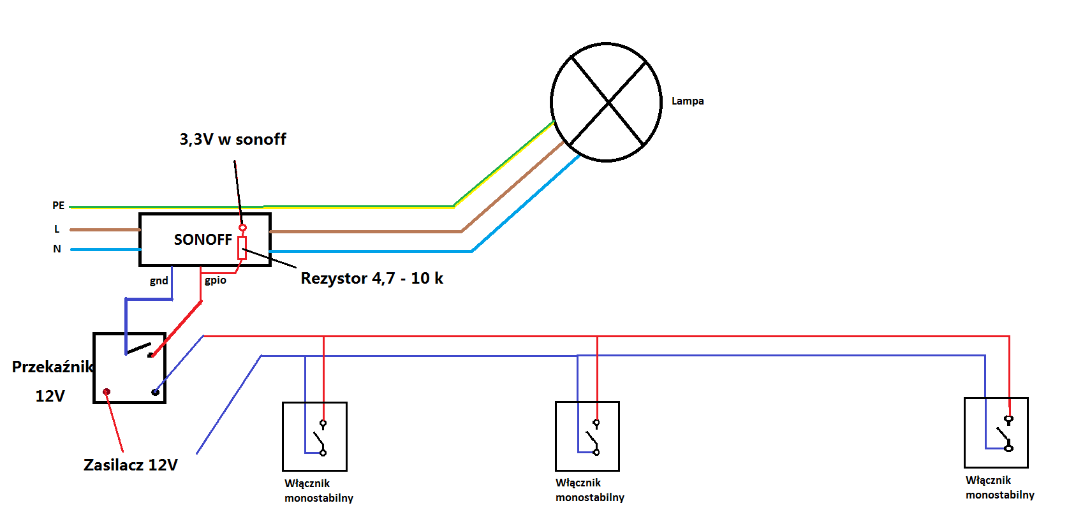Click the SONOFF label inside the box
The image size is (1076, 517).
click(203, 240)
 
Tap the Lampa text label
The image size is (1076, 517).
click(688, 101)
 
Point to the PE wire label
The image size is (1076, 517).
click(58, 205)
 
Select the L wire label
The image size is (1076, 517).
click(57, 229)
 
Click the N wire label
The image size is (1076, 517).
click(57, 249)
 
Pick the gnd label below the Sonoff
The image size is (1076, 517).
click(159, 281)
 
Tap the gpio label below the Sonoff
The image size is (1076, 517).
click(215, 280)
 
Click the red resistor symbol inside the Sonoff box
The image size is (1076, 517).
click(242, 248)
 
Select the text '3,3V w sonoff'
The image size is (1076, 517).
click(233, 139)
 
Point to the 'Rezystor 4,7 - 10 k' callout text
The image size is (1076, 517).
click(372, 279)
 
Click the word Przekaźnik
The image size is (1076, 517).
click(52, 367)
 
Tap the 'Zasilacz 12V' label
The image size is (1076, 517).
click(131, 465)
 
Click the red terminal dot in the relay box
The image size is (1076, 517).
click(107, 392)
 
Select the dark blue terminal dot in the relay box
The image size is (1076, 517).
click(155, 392)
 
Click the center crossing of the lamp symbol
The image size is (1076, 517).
click(608, 102)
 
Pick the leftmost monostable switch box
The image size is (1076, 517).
click(314, 436)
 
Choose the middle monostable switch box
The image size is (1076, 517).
click(587, 436)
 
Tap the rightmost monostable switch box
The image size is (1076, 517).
click(996, 432)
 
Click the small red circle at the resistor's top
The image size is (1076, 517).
click(242, 228)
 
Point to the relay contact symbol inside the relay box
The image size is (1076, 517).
click(139, 349)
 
